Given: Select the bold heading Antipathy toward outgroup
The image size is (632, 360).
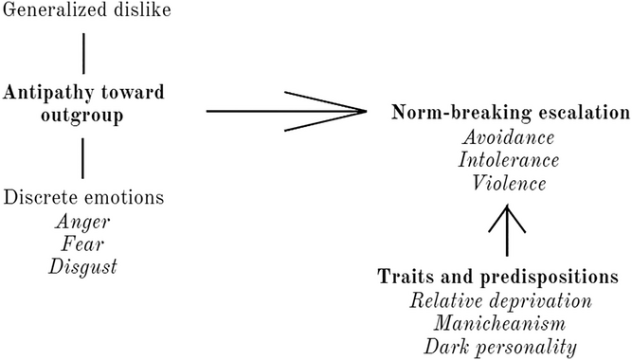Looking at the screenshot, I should (x=84, y=103).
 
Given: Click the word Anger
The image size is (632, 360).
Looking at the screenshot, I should (x=84, y=223).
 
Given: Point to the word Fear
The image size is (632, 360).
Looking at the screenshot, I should (x=84, y=245).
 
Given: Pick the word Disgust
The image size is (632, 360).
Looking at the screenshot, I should (x=84, y=268).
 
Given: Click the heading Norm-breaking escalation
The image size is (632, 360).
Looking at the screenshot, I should (x=511, y=112).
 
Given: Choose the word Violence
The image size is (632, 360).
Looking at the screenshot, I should (x=511, y=182).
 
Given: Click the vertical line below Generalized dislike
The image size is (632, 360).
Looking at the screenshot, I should (x=84, y=53).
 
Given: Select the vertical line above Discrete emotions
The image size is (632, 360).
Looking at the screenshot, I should (x=84, y=155).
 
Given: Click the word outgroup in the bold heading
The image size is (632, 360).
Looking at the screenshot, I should (x=84, y=115).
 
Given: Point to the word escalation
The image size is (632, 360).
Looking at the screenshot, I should (x=578, y=112).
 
